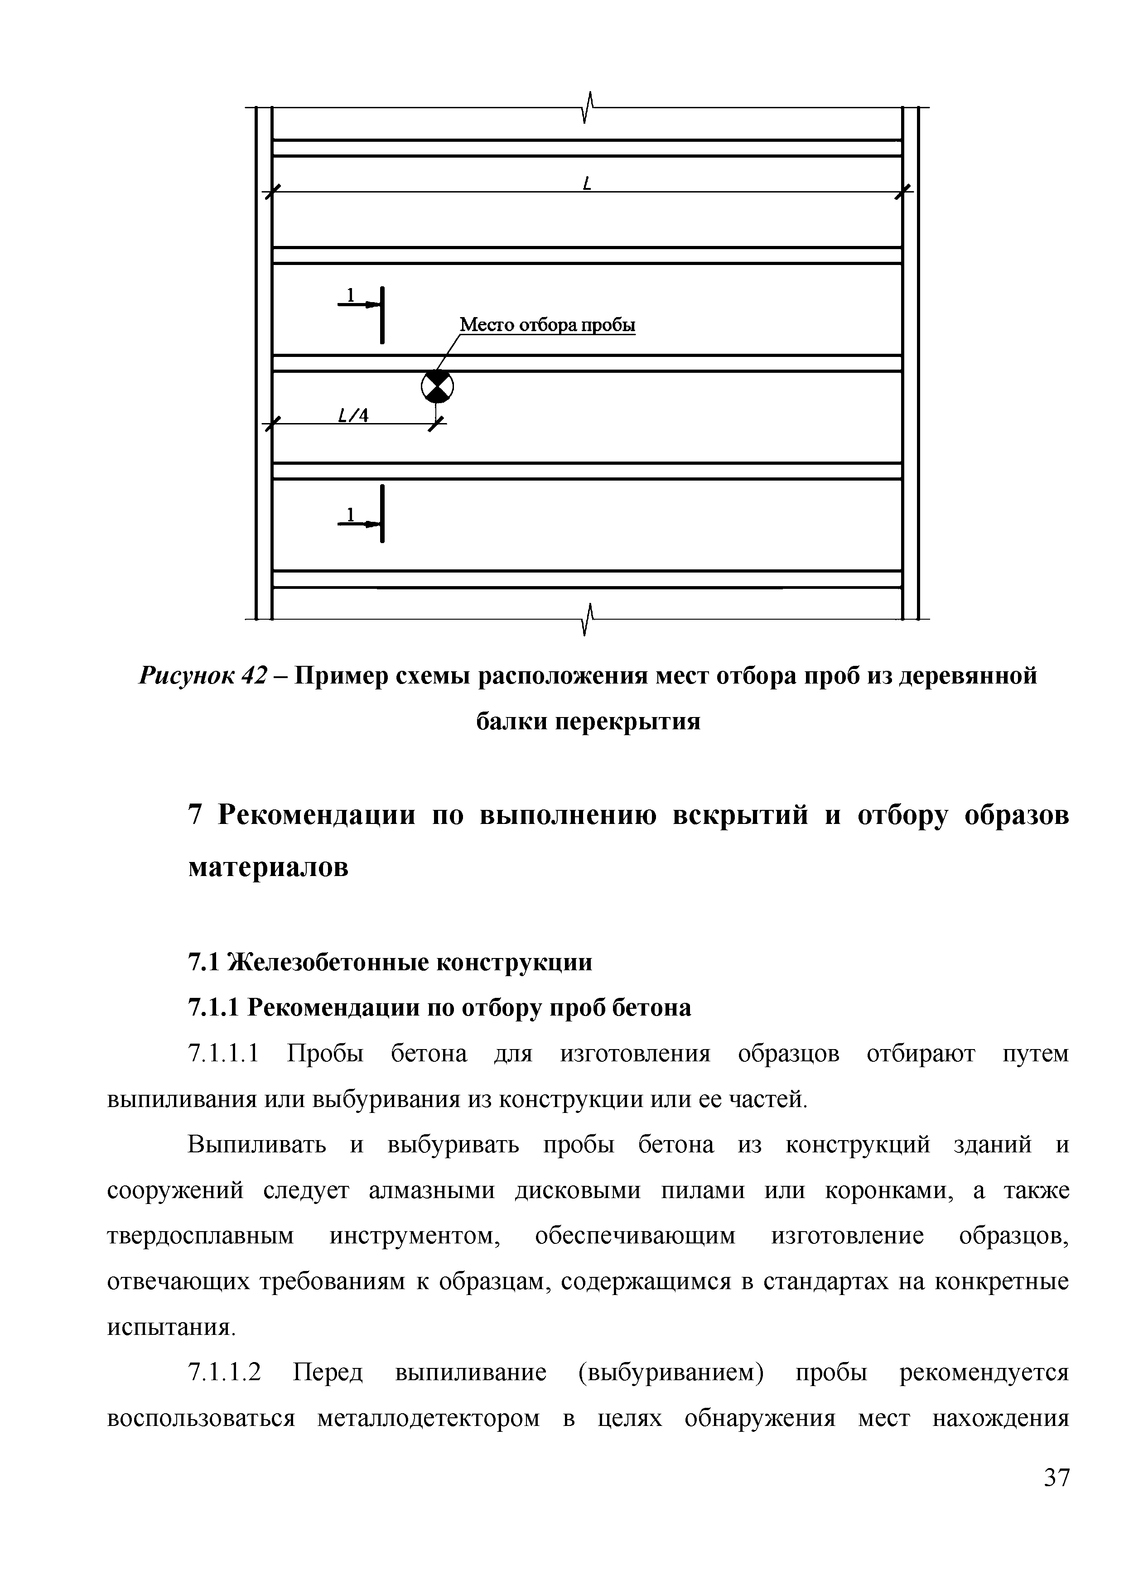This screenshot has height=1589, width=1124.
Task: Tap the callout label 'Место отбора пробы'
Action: [547, 325]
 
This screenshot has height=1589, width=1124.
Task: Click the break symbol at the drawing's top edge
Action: [589, 107]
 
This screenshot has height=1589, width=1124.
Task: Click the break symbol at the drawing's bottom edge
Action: [589, 618]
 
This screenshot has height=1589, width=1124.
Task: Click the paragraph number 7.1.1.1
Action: [223, 1054]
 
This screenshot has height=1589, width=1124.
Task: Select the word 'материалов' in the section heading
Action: [269, 867]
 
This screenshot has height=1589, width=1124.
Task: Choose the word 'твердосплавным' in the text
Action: [201, 1237]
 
